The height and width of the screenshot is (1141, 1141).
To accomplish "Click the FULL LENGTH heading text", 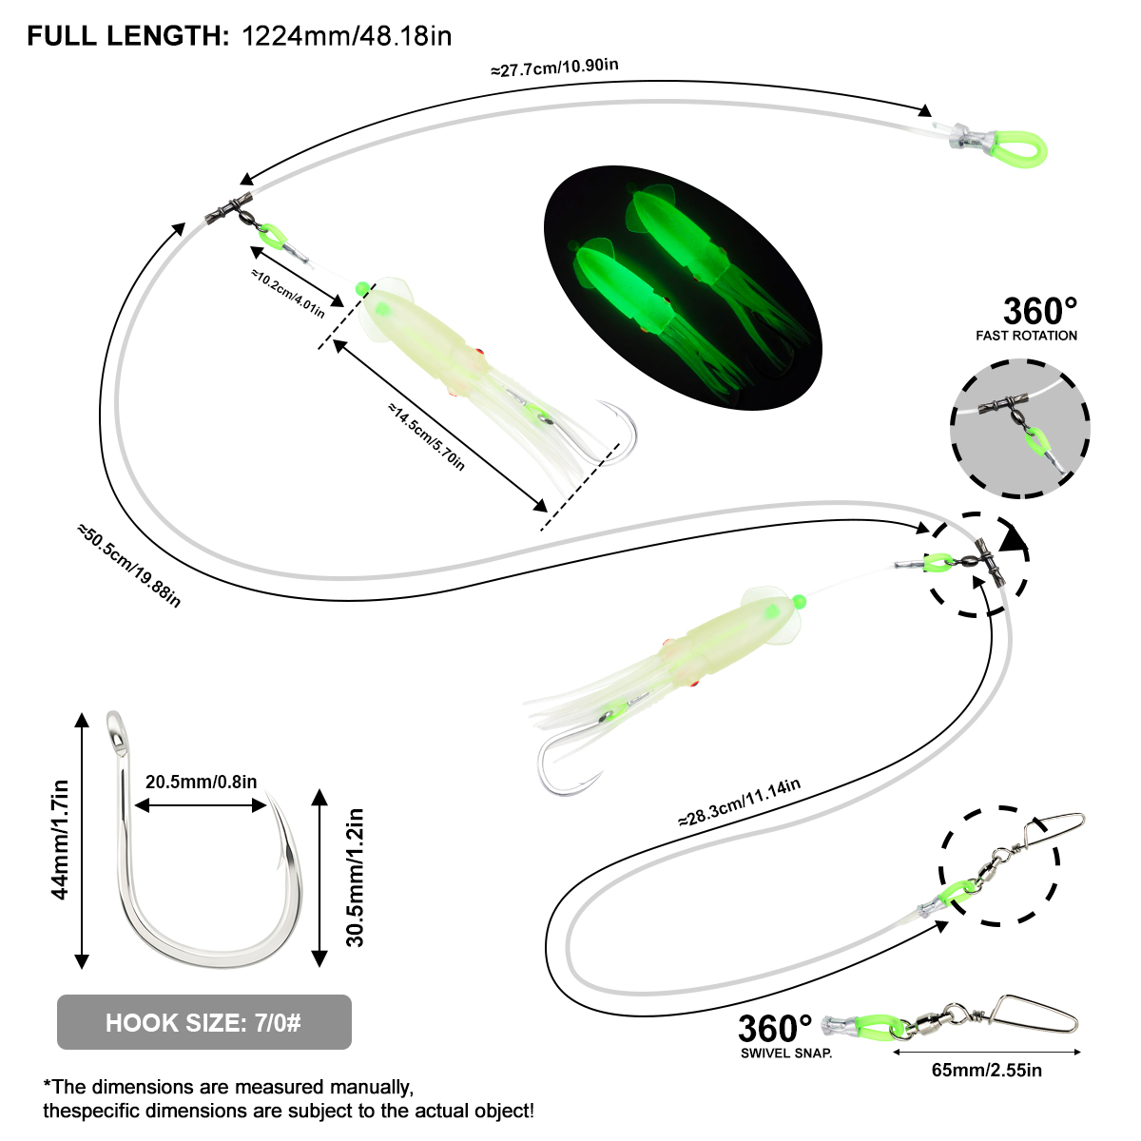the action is point(128,37).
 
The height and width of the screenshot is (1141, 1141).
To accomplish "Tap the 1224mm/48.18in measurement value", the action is point(347,37).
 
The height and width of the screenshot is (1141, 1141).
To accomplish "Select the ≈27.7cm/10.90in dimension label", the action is point(554,68).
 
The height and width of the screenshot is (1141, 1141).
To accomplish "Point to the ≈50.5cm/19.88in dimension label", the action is point(129,566).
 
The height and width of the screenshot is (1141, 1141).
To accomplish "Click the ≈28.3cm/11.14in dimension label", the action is point(740,803).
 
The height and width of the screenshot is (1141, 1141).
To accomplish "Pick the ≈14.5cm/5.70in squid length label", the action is point(426,436).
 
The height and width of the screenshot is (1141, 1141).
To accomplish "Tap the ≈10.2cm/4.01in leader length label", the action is point(288,293).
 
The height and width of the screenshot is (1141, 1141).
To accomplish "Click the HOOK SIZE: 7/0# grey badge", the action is point(204,1022).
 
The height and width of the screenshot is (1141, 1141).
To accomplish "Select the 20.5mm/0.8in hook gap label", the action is point(202,782).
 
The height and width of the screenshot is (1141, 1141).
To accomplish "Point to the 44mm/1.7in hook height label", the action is point(61,841).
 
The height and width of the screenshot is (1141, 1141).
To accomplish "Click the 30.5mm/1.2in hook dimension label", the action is point(355,879).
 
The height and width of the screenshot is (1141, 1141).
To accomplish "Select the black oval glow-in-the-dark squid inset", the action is point(683,288).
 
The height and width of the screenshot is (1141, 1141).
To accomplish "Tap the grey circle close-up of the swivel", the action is point(1019,428).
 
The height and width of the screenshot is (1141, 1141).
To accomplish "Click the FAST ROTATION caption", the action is point(1026,336).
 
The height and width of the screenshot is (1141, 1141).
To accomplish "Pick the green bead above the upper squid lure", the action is point(361,289).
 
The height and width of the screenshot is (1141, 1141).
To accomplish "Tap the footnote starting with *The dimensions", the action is point(288,1099).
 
